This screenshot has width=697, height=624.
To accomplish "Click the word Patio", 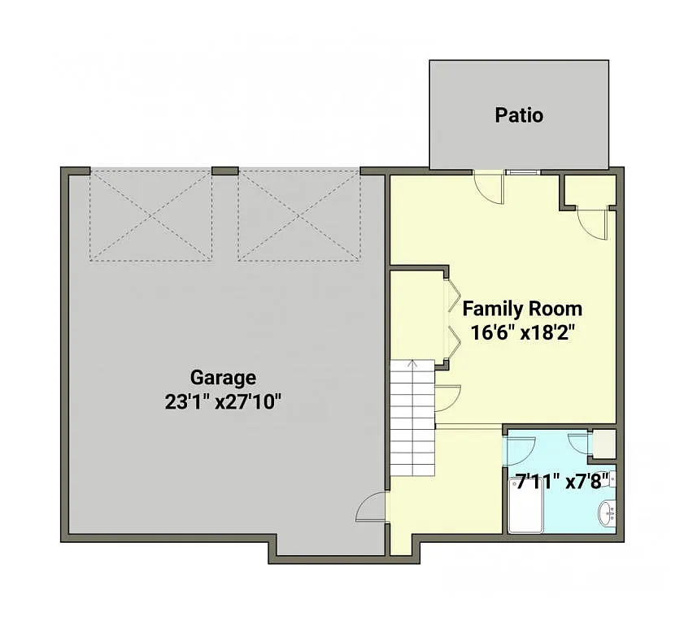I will coord(519,115).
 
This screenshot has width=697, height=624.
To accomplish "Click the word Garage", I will coord(223,378).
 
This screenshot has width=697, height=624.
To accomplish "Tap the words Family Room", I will coord(522,309).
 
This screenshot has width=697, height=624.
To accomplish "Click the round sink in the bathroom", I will coord(606,513).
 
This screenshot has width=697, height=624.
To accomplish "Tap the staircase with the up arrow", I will coord(413,418).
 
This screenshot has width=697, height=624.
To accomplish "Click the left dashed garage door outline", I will coord(150,215).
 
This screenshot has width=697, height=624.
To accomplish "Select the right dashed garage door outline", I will coord(298,215).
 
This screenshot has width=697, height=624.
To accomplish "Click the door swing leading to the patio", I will coord(490,188).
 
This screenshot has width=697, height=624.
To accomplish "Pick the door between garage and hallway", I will coord(371,509).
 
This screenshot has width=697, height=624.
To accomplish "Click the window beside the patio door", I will coord(521,172).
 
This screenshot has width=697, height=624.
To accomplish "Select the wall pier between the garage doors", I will coord(224,171).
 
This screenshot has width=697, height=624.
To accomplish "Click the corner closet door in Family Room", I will coord(591,222).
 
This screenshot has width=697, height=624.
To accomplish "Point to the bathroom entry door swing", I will coord(521,448).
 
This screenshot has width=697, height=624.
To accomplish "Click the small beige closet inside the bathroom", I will coord(604,444).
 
